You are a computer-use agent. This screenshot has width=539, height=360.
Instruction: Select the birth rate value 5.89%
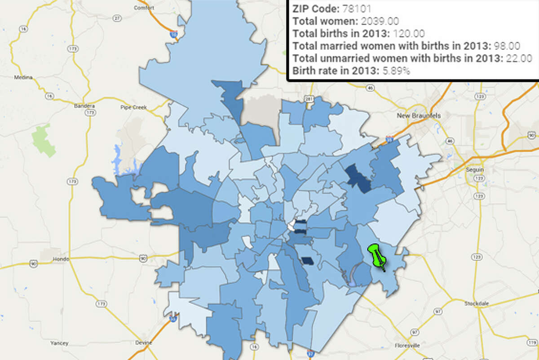pos(395,71)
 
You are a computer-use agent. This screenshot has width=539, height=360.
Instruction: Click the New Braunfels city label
pos(419,116)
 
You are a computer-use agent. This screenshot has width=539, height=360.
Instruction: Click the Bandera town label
pos(82,107)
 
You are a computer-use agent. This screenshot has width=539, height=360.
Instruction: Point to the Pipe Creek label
pos(131,107)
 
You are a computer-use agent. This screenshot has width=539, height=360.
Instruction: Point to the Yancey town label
pos(59,344)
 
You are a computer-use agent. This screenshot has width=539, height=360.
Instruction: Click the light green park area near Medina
pos(44,139)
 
